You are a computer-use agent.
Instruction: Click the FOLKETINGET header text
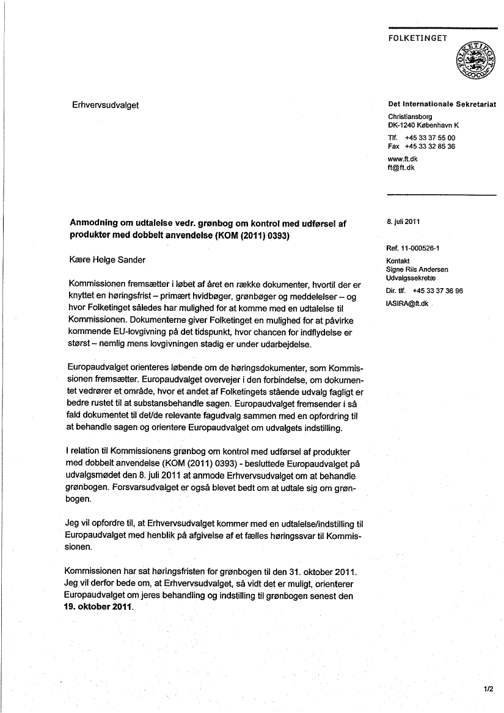[418, 38]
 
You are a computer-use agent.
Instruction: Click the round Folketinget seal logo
[477, 60]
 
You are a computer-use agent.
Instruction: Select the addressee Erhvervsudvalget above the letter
[105, 105]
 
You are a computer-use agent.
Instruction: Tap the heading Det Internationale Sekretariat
[442, 104]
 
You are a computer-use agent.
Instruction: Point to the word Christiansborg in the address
[410, 116]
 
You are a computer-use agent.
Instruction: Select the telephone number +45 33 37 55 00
[430, 138]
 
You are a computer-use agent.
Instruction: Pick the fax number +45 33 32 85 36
[430, 147]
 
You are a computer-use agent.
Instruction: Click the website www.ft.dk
[403, 159]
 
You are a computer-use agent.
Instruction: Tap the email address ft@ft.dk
[401, 167]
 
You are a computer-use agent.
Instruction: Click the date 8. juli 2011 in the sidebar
[403, 222]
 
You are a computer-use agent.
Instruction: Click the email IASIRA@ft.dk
[408, 303]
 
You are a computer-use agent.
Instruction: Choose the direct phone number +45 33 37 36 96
[437, 291]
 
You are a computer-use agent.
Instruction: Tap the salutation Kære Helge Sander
[108, 259]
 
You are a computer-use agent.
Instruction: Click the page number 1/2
[488, 689]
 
